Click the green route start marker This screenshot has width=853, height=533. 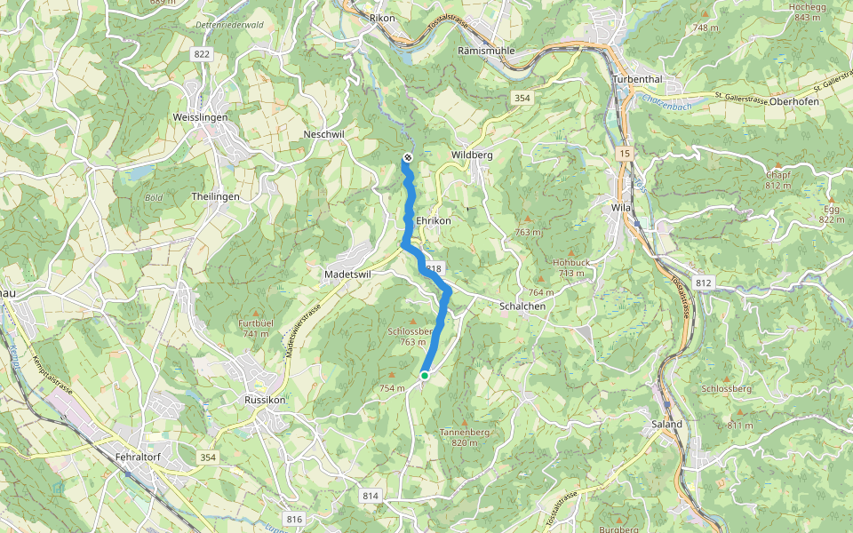tap(425, 376)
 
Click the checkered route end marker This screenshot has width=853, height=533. tap(407, 157)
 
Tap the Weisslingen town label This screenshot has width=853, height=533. tap(200, 117)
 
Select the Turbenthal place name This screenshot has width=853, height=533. tap(644, 79)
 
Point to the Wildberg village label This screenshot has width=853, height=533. tap(472, 155)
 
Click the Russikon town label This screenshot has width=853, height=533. tap(264, 401)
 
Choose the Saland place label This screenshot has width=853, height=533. tap(667, 424)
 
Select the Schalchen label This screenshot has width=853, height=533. tap(522, 306)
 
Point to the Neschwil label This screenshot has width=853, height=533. tap(323, 134)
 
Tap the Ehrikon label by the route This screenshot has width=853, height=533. tap(434, 220)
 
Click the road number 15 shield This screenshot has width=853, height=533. tap(626, 154)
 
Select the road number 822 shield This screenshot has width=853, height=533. tap(202, 55)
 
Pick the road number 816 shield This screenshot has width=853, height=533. tap(294, 519)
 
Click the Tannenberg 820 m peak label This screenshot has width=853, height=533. tap(465, 437)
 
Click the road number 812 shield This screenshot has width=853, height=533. tap(705, 283)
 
